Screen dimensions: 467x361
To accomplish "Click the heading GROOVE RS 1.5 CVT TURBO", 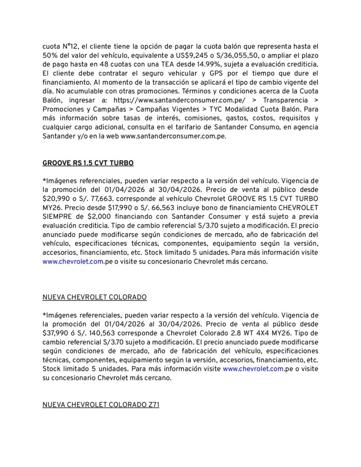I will click(88, 163).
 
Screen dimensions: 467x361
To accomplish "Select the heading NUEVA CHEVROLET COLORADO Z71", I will click(101, 405).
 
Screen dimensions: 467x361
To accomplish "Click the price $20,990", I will click(56, 199).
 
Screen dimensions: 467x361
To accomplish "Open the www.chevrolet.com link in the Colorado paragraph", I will click(253, 369).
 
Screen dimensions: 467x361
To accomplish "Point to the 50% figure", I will click(50, 56).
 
